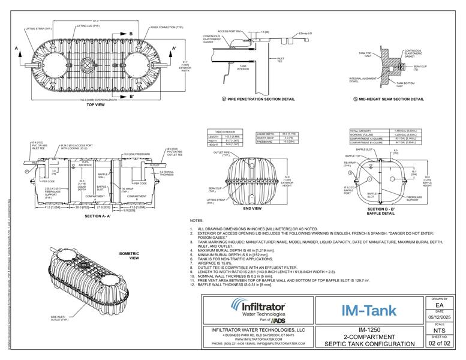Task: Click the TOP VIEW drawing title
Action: (x=95, y=104)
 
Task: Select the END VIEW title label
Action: (x=252, y=208)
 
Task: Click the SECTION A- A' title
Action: (x=100, y=215)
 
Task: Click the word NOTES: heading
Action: (x=197, y=221)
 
